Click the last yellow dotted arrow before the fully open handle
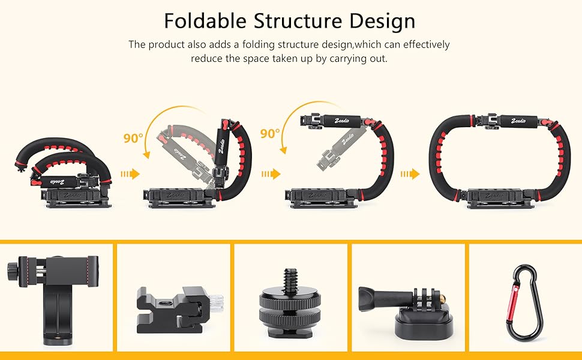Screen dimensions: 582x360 (x=411, y=174)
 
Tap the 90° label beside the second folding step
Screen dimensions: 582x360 (x=133, y=138)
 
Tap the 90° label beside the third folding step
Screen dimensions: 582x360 (x=270, y=132)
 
